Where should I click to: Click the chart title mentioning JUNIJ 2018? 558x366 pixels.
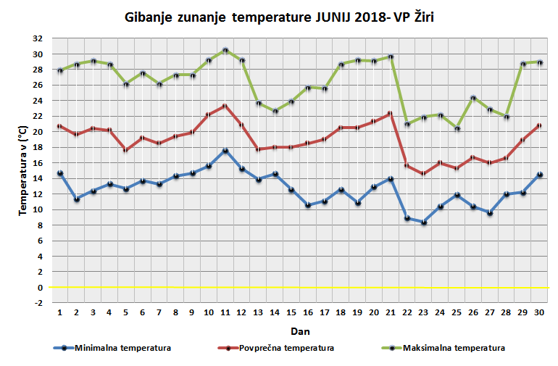pos(279,16)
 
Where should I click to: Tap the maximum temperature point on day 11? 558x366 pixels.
pos(225,50)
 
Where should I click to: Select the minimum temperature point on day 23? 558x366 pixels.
pos(424,222)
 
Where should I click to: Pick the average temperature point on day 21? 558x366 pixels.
pos(391,113)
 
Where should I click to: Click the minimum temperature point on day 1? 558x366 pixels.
pos(60,173)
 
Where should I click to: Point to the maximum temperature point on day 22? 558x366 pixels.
pos(407,124)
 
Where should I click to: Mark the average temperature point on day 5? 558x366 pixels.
pos(126,150)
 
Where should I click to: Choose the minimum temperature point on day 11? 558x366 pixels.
pos(225,151)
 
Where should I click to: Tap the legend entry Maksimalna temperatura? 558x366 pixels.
pos(457,348)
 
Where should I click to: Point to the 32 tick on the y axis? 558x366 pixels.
pos(37,38)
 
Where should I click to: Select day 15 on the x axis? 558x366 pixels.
pos(291,312)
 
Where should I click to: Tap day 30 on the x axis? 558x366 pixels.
pos(539,312)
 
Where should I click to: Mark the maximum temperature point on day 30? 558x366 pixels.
pos(539,62)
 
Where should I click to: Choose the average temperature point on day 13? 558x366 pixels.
pos(259,149)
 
